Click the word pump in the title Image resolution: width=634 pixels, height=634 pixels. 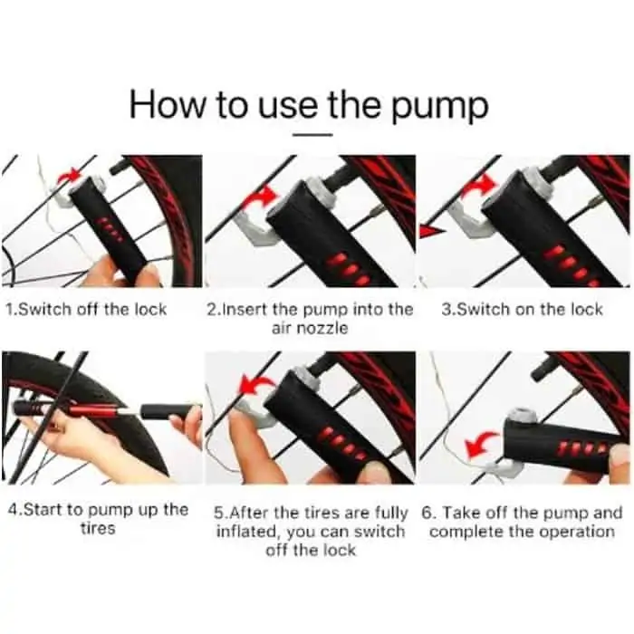pos(440,106)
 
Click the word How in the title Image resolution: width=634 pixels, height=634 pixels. pos(167,104)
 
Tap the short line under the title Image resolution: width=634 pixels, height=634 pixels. pos(312,135)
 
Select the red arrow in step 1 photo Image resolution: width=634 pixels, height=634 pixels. pos(69,176)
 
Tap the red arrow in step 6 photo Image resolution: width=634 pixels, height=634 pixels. pos(481,445)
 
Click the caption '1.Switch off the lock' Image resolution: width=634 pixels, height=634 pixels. pos(86,310)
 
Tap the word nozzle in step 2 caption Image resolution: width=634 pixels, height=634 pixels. pos(322,328)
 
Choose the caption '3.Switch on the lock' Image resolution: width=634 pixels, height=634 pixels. pos(522,310)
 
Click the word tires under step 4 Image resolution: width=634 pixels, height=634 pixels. pos(98,528)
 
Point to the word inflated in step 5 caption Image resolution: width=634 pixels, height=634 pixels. pos(248,532)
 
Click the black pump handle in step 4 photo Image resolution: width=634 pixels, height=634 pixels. pos(170,411)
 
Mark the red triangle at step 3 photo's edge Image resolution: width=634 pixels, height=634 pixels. pos(431,232)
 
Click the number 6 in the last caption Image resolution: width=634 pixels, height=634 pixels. pos(427,514)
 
